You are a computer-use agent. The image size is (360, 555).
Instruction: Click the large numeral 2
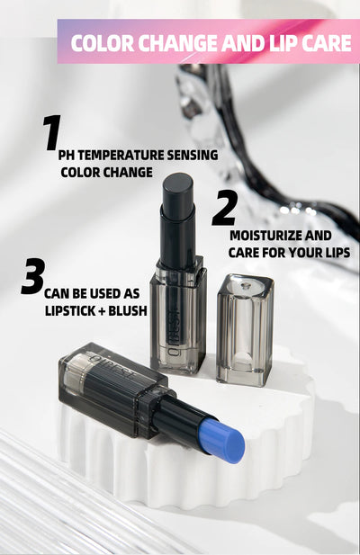[224, 208]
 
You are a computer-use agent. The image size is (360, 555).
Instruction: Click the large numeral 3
[32, 276]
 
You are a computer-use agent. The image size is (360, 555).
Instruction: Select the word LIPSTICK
[76, 309]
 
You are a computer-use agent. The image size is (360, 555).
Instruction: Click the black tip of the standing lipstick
[177, 190]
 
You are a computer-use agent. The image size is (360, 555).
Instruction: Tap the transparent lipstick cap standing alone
[244, 328]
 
